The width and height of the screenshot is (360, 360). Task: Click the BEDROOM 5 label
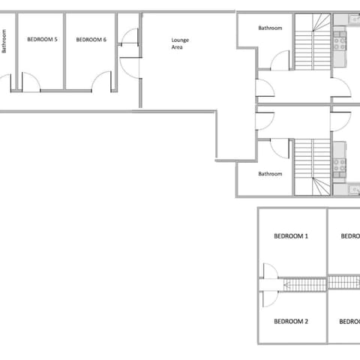[x=42, y=39]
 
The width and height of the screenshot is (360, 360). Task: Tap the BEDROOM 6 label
[x=91, y=39]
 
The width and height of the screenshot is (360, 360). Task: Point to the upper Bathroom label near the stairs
[x=270, y=28]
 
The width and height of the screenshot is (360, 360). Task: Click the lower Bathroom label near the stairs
[x=270, y=174]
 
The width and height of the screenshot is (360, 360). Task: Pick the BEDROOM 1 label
[x=291, y=236]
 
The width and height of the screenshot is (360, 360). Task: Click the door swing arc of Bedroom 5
[x=31, y=81]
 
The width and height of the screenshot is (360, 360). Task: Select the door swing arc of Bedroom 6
[x=103, y=80]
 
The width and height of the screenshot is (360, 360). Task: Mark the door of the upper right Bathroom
[x=280, y=59]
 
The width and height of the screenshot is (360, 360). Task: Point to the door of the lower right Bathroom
[x=280, y=148]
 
